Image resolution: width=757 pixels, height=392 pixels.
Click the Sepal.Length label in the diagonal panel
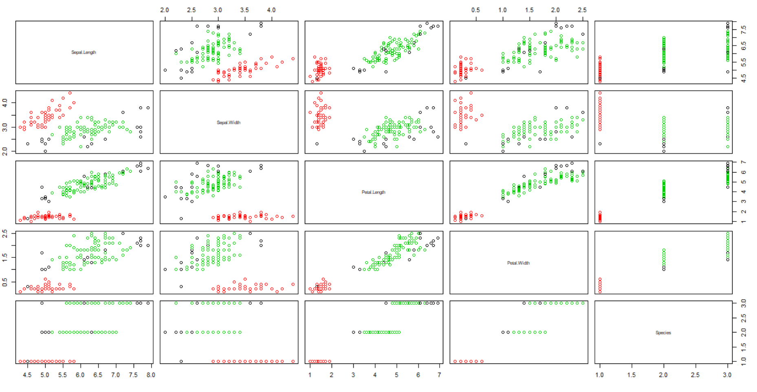(84, 52)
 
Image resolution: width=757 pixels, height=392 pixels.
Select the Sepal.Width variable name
(229, 122)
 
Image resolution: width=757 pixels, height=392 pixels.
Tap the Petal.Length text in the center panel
(373, 192)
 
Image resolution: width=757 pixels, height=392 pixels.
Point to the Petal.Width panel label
(518, 263)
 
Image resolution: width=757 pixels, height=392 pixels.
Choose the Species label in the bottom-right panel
(663, 333)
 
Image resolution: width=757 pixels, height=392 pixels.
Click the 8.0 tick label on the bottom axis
(151, 375)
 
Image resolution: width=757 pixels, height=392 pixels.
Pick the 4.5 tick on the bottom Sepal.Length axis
(27, 375)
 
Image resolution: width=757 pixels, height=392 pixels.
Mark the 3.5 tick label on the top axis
(244, 10)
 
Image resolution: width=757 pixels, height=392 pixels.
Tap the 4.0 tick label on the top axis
(271, 10)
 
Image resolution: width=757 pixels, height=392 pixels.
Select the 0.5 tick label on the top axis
(475, 10)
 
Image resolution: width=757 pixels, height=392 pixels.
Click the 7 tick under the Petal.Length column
(439, 375)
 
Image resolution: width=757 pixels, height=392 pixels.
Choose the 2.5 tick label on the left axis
(5, 233)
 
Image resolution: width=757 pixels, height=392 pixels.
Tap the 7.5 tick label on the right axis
(744, 30)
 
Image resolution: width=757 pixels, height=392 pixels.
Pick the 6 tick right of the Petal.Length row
(744, 172)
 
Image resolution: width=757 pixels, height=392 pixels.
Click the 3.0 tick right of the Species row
(744, 303)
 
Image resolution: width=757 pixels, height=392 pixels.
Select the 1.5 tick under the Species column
(631, 375)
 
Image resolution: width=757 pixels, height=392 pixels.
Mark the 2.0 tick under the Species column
(663, 375)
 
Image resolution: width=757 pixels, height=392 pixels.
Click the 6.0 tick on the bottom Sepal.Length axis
(80, 375)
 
